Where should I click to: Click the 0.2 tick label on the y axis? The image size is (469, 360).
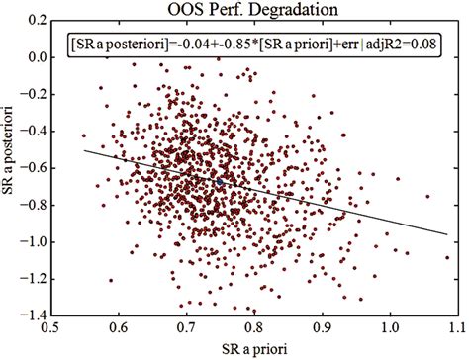coord(38,22)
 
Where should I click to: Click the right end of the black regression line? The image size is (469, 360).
coord(447,234)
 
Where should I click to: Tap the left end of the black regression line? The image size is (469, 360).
coord(85,150)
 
